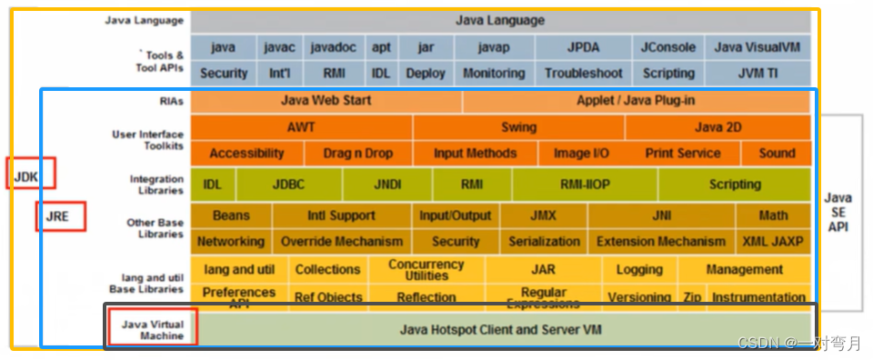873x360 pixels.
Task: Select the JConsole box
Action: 668,47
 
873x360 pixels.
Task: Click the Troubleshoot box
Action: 583,74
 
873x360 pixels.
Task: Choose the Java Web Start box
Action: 326,101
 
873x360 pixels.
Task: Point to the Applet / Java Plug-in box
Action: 636,101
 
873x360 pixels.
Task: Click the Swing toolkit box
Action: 518,127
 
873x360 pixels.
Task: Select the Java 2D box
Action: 717,127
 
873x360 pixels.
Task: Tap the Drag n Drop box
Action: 358,154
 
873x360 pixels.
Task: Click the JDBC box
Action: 288,185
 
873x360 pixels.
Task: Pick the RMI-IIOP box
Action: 585,185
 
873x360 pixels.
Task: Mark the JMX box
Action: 543,215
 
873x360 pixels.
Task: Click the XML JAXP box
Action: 774,242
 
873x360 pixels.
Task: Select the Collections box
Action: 327,270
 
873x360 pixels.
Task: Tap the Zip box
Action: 692,297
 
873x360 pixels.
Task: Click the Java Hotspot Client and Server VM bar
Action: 500,329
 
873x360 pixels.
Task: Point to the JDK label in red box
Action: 30,173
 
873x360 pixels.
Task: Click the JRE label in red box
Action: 60,216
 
